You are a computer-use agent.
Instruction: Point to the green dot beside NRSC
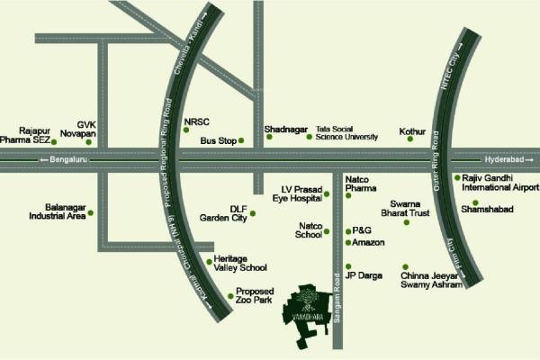186,130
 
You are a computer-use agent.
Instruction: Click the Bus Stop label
218,141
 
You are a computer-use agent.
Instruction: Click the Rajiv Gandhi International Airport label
500,184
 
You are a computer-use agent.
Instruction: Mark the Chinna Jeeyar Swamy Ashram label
431,278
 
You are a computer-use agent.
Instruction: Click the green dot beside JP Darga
348,266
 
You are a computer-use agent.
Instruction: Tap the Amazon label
369,243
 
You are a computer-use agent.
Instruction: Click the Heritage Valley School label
240,263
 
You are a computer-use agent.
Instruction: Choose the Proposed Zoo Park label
254,296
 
